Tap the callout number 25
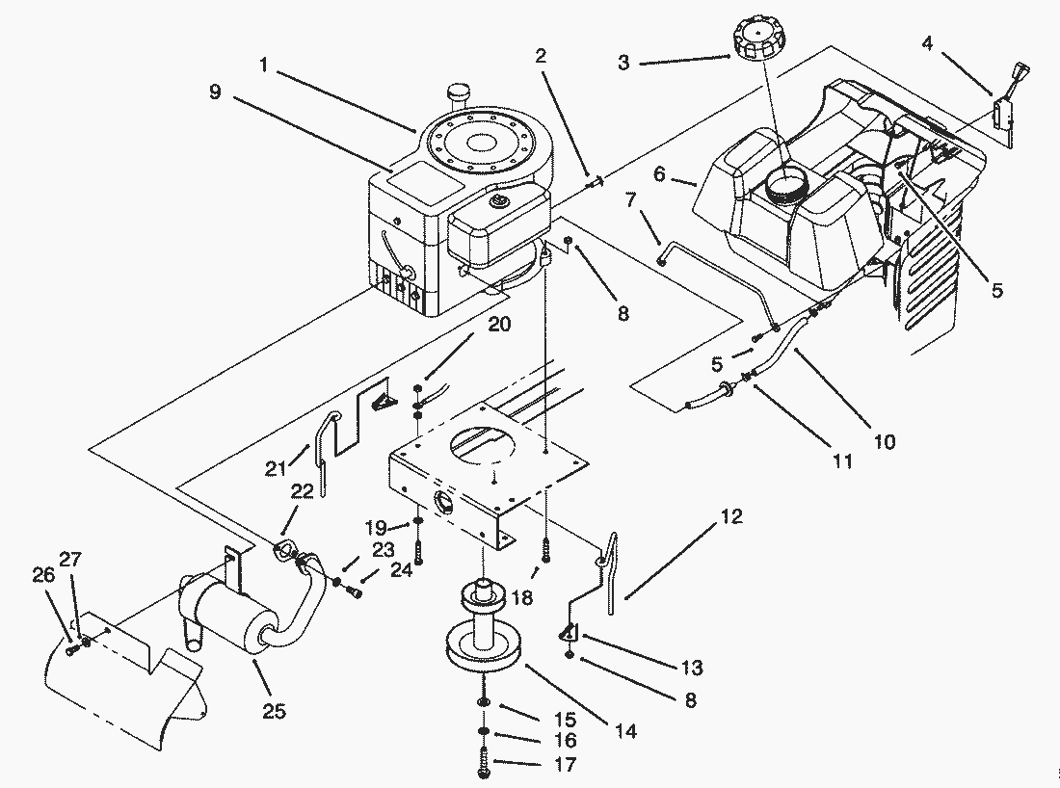coord(274,711)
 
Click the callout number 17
coord(565,764)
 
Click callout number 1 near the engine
coord(264,65)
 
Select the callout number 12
coord(731,517)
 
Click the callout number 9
coord(215,92)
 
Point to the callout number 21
coord(276,468)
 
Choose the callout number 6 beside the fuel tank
coord(660,174)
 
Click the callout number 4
coord(927,43)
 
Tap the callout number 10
coord(885,442)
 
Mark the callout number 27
coord(70,560)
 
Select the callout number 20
coord(499,325)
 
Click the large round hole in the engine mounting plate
coord(483,446)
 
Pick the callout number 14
coord(625,731)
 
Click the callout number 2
coord(541,56)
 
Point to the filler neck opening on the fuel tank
coord(785,181)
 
